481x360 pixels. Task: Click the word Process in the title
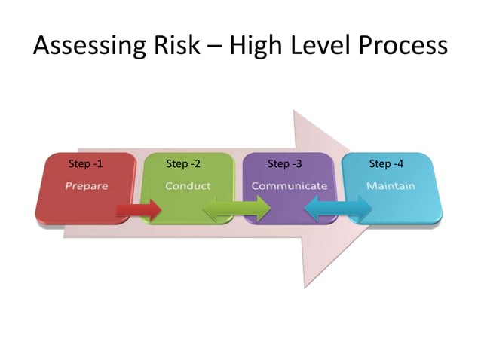tap(403, 47)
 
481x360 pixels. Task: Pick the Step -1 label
tap(85, 164)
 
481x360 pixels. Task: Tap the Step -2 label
tap(183, 164)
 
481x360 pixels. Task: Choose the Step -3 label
tap(285, 164)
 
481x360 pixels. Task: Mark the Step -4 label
tap(386, 164)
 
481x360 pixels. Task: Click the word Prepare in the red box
tap(85, 185)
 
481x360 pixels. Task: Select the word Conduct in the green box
tap(188, 185)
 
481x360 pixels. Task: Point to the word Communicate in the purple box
tap(289, 185)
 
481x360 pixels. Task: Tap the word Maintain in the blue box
tap(391, 185)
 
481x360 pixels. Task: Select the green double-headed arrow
tap(237, 209)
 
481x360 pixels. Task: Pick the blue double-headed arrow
tap(338, 209)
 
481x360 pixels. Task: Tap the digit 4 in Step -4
tap(400, 164)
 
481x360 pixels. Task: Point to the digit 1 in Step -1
tap(99, 164)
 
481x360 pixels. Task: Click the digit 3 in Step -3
tap(299, 164)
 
